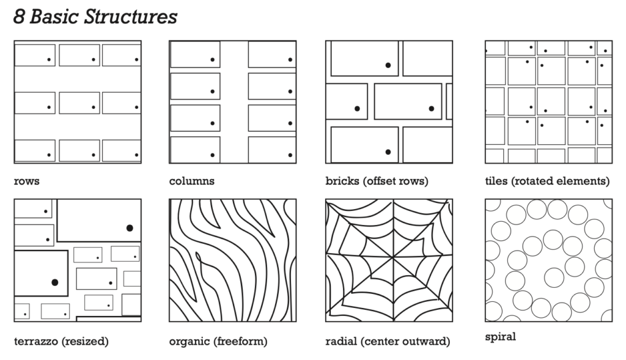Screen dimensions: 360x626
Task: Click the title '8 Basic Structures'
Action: coord(95,17)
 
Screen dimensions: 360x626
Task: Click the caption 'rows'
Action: coord(26,182)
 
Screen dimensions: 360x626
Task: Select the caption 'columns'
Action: coord(191,182)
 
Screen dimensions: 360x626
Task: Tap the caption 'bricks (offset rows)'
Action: coord(377,182)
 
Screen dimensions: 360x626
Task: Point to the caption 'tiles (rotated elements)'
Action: coord(547,182)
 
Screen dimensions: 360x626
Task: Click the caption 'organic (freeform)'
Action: coord(218,341)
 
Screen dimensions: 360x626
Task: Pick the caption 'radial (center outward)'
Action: coord(388,341)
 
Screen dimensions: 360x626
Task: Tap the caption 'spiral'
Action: coord(500,337)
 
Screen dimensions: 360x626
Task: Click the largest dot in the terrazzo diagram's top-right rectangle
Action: coord(130,228)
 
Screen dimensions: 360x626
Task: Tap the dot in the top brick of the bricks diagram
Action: coord(388,65)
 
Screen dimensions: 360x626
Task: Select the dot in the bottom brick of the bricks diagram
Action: coord(388,152)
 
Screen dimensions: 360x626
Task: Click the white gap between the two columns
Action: coord(234,102)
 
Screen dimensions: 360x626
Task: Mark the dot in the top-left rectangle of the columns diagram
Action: coord(212,60)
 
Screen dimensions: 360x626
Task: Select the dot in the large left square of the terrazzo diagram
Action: coord(54,282)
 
